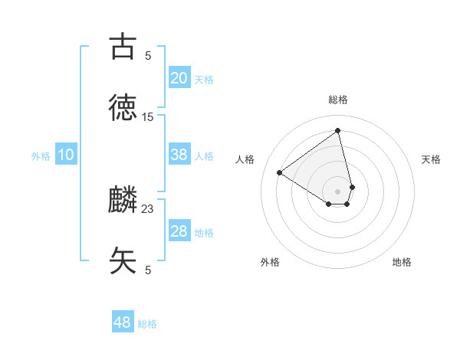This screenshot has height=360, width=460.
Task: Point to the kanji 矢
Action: click(123, 260)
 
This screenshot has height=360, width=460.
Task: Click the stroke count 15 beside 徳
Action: click(148, 117)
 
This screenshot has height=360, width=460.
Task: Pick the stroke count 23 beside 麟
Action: click(148, 209)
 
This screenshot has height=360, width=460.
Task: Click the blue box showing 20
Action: click(179, 78)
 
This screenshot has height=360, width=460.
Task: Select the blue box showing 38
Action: click(179, 155)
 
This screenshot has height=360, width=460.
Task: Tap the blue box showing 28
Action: click(179, 231)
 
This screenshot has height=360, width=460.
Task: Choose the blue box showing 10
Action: click(66, 155)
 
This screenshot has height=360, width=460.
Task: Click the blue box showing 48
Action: click(123, 322)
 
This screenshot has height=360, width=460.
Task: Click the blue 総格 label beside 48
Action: click(147, 324)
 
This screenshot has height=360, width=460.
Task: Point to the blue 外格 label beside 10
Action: click(41, 156)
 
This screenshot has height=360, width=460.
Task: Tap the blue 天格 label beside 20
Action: click(204, 80)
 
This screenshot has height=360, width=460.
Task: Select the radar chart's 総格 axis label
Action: click(337, 100)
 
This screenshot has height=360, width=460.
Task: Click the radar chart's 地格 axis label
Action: click(402, 262)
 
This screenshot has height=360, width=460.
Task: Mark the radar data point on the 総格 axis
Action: click(337, 130)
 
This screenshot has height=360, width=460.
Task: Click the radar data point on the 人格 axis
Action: click(280, 172)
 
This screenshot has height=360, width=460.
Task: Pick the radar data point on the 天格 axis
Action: click(352, 186)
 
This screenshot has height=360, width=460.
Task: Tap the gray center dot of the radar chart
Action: click(337, 191)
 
